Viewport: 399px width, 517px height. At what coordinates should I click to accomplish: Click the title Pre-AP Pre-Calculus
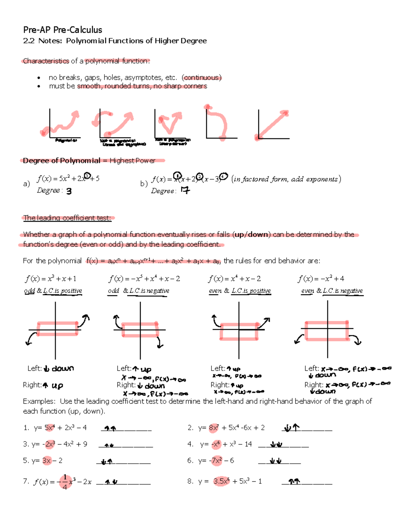click(63, 30)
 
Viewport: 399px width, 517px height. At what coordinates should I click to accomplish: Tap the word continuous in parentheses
click(201, 78)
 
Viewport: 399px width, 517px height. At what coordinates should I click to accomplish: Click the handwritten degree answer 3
click(69, 191)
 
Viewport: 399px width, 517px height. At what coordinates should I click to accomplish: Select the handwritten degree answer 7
click(185, 190)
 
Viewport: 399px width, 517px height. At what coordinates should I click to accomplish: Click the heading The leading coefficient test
click(67, 218)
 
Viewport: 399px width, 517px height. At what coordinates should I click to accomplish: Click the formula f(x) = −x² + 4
click(321, 279)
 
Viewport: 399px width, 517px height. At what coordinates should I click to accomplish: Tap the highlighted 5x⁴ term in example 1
click(49, 428)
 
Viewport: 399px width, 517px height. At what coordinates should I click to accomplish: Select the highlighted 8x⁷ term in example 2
click(213, 428)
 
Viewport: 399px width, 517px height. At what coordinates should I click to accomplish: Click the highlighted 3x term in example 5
click(47, 461)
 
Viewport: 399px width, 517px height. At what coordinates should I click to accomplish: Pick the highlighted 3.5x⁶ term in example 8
click(221, 481)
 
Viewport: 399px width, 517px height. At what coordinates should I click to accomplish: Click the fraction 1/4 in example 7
click(65, 482)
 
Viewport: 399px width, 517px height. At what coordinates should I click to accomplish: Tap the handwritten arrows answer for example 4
click(276, 445)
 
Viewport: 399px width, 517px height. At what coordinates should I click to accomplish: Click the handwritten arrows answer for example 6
click(276, 461)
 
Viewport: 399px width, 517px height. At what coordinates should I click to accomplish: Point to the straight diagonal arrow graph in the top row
click(273, 125)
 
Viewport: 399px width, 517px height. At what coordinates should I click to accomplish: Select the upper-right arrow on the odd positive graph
click(84, 320)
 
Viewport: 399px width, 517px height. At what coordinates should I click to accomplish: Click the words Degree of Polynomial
click(62, 161)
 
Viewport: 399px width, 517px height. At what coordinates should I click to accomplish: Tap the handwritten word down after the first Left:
click(63, 369)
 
